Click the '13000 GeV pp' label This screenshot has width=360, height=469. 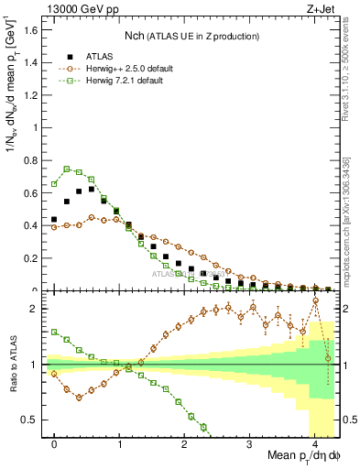click(x=80, y=8)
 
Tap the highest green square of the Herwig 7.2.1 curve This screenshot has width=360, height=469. click(x=67, y=169)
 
